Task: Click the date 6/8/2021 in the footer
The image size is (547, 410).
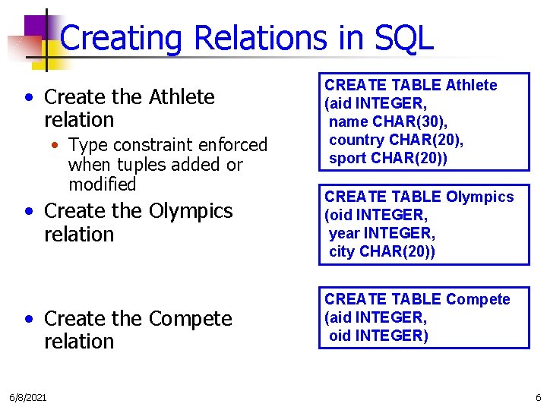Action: point(27,398)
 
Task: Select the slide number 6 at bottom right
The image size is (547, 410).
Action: point(538,398)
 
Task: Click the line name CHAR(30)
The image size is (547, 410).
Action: point(387,121)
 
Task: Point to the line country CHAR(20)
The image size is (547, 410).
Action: point(396,140)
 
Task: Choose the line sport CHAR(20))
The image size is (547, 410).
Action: point(388,158)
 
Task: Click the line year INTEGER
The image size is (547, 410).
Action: point(382,232)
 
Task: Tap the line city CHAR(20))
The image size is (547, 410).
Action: point(382,251)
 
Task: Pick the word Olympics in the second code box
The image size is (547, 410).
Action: point(480,197)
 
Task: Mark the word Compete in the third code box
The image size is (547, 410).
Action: point(479,299)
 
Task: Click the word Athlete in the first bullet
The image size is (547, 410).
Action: point(182,97)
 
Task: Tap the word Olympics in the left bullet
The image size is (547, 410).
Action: point(191,210)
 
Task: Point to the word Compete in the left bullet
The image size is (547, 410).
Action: point(191,319)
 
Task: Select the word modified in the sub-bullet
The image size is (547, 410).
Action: point(102,184)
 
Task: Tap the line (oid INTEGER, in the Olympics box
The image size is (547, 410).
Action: point(376,215)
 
